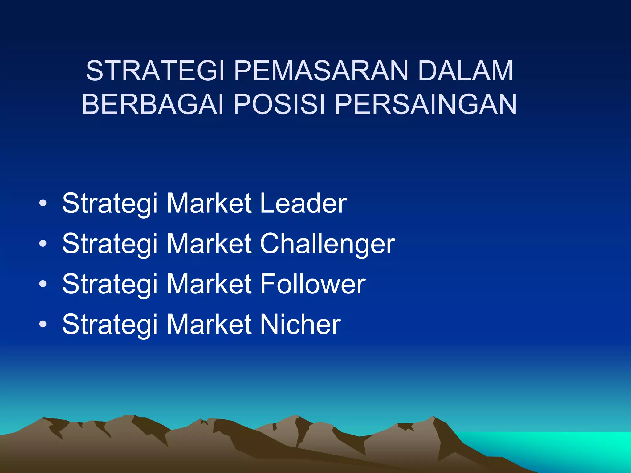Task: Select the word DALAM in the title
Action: [466, 71]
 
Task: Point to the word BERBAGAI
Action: [153, 104]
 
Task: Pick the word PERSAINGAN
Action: [425, 104]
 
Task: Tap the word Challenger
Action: [328, 244]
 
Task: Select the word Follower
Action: [313, 284]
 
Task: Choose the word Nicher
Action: [300, 324]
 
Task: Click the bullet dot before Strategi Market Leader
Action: [43, 203]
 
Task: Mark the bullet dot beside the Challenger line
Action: [43, 244]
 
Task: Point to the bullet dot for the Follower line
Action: [43, 284]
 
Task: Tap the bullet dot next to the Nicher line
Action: [43, 324]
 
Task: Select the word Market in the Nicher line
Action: [209, 324]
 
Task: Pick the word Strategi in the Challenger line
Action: [110, 244]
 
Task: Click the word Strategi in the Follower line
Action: [110, 284]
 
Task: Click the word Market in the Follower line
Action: [209, 284]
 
